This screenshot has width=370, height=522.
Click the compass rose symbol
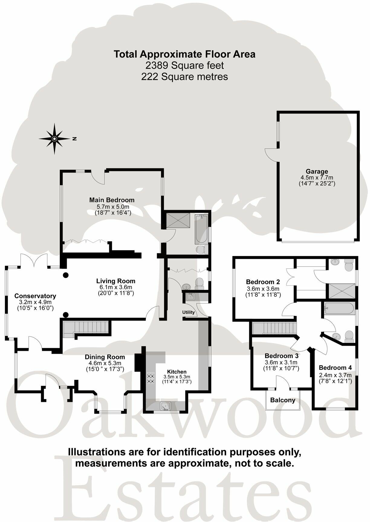[x=54, y=139]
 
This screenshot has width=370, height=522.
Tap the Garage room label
[x=316, y=171]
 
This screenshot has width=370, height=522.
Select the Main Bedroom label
[x=112, y=200]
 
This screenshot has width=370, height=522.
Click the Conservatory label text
[x=35, y=296]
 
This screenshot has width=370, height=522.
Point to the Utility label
[x=188, y=312]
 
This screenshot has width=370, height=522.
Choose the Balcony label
[x=283, y=400]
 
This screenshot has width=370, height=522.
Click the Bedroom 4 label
[x=335, y=368]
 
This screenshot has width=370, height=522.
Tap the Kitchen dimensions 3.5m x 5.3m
[x=177, y=377]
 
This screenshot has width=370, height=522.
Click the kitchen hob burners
[x=151, y=379]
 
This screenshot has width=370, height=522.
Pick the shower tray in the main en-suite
[x=178, y=219]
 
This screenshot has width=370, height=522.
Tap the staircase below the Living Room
[x=86, y=328]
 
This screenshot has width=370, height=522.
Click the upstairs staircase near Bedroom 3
[x=274, y=328]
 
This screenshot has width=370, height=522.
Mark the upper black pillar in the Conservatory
[x=65, y=275]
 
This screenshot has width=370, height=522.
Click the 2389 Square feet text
[x=185, y=65]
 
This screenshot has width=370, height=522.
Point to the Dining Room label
[x=105, y=357]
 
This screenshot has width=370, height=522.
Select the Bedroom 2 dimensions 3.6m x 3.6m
[x=263, y=289]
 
